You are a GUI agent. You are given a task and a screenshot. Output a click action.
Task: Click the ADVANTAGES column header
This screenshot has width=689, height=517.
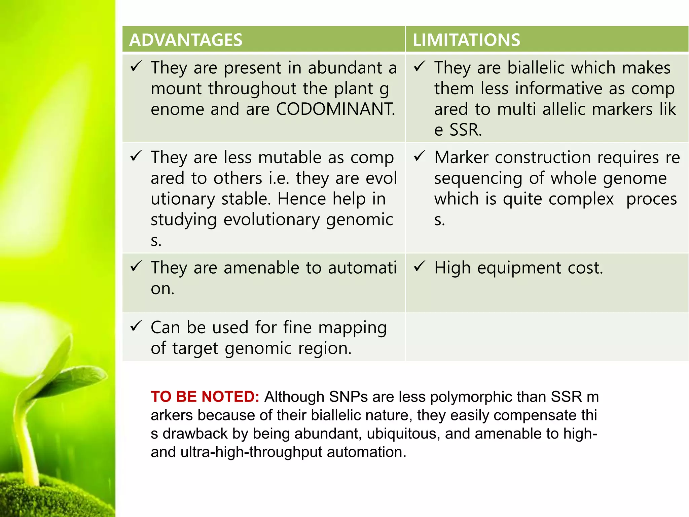186,40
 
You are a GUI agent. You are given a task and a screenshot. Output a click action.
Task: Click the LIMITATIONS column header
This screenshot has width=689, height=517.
466,40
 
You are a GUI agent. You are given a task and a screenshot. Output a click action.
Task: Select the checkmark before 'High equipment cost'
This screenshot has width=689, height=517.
420,267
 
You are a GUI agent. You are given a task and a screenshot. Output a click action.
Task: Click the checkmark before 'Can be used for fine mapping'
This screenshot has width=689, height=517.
136,326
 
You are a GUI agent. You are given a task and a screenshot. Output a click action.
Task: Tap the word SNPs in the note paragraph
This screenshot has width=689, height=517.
348,397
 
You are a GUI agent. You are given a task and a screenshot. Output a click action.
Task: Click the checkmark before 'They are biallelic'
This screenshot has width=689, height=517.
420,66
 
